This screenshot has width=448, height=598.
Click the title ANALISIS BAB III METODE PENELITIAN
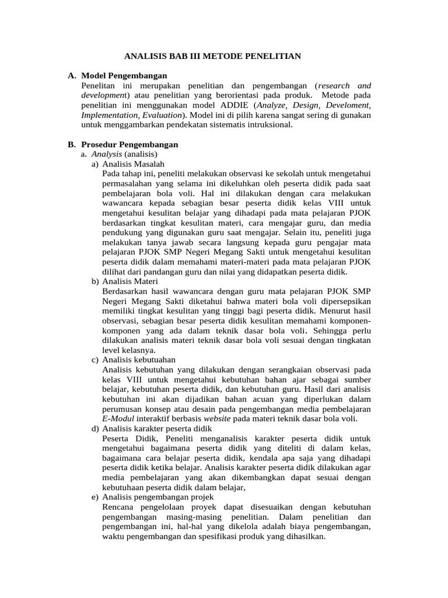pos(213,57)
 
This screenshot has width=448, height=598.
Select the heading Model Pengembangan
pos(124,76)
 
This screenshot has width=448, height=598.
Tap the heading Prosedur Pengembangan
pos(129,144)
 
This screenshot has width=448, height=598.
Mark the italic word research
pos(334,85)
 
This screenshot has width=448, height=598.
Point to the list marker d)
pos(94,429)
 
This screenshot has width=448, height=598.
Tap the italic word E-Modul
pos(118,419)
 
